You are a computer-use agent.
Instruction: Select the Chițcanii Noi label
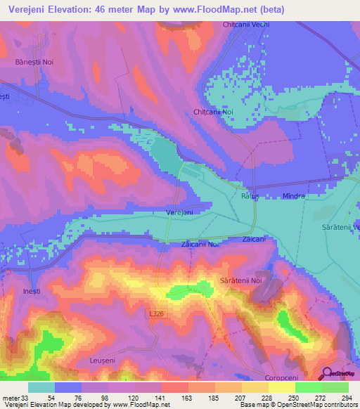(212, 112)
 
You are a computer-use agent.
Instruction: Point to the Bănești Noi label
(34, 62)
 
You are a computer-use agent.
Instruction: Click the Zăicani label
(254, 240)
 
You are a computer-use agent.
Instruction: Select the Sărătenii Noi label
(240, 280)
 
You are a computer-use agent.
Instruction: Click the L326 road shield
(157, 311)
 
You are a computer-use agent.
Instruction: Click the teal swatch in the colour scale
(41, 387)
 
